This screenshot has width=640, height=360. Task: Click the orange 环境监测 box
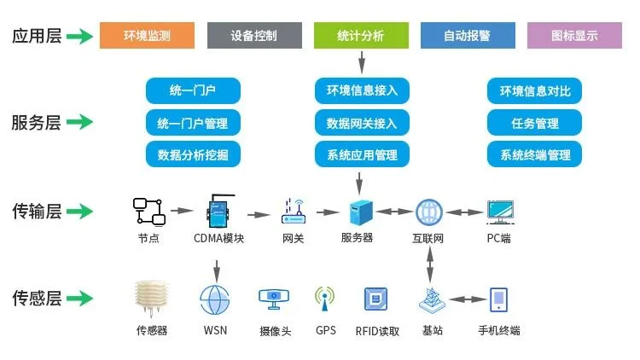(147, 35)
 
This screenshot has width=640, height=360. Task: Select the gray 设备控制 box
(253, 35)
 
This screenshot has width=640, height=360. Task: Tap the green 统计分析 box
(361, 35)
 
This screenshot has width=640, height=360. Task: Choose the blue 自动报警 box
(468, 35)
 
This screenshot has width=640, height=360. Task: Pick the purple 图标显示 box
(574, 35)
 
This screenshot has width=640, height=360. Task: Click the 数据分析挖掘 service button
(193, 154)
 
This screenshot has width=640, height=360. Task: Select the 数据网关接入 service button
(362, 123)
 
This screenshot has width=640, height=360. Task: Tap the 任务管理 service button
(535, 123)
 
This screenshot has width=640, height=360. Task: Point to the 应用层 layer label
(36, 36)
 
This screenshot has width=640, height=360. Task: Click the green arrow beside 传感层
(79, 298)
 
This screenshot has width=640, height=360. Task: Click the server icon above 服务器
(357, 211)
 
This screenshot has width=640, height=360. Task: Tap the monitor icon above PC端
(498, 211)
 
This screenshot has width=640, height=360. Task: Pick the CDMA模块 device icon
(218, 209)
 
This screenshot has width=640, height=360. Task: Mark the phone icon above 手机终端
(499, 299)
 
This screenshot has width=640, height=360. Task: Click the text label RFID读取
(377, 330)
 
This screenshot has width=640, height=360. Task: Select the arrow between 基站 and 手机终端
(464, 299)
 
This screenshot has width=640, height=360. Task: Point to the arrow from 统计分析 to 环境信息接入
(362, 62)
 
